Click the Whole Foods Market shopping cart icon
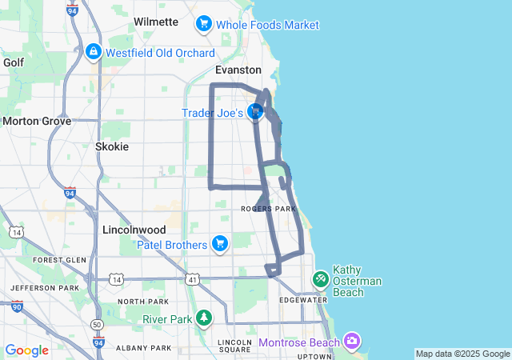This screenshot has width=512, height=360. point(204,25)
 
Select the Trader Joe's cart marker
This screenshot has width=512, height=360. point(255,113)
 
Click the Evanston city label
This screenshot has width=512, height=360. point(238,70)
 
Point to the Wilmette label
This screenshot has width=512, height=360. point(156,22)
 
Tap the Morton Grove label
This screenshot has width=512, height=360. point(37,121)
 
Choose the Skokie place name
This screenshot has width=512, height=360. point(111,146)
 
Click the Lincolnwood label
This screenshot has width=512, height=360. point(134,230)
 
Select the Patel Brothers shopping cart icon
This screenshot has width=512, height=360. point(220,244)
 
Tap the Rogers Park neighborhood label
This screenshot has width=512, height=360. point(269,209)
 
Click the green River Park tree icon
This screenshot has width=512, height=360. point(204,318)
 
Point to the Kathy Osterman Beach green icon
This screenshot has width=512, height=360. point(320,278)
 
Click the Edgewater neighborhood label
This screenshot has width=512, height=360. point(303,300)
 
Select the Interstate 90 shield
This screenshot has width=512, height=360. point(18,306)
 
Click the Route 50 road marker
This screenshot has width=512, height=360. point(97,325)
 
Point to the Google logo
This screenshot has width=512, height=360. point(26,350)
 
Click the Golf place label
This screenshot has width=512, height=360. point(14,62)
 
